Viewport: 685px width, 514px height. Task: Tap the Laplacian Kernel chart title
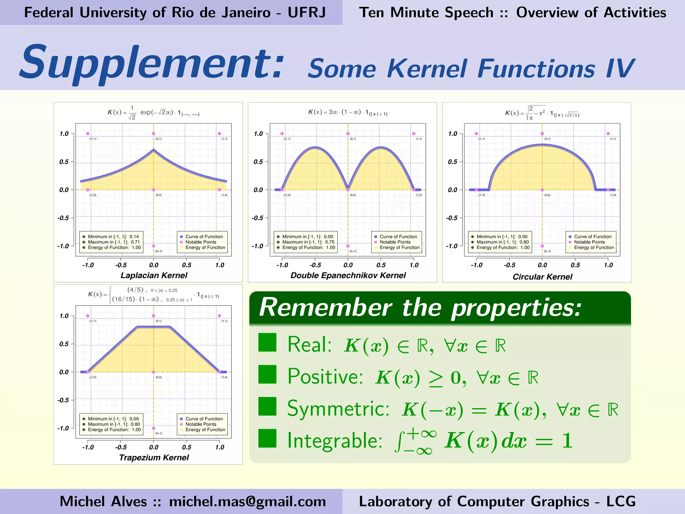tap(154, 275)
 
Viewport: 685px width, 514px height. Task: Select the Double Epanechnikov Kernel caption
tap(348, 275)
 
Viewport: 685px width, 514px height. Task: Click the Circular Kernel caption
tap(542, 277)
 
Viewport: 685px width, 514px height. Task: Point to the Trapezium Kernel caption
tap(154, 457)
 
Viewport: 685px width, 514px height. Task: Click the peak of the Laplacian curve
tap(154, 150)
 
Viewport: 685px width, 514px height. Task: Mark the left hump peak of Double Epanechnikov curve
tap(315, 147)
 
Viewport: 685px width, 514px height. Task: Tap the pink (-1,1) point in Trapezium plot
tap(88, 316)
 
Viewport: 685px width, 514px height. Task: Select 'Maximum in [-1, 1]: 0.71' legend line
tap(114, 242)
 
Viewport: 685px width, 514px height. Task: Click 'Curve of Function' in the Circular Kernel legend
tap(593, 237)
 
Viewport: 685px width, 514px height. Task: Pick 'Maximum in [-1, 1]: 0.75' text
tap(308, 242)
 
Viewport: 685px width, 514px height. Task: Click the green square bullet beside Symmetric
tap(267, 406)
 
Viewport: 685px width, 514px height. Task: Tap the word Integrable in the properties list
tap(335, 440)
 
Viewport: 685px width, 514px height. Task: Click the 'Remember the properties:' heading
tap(420, 307)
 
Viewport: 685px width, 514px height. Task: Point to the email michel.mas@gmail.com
tap(248, 501)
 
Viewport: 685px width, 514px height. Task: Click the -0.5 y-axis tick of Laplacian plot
tap(64, 218)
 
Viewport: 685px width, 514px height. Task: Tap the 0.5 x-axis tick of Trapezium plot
tap(187, 447)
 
